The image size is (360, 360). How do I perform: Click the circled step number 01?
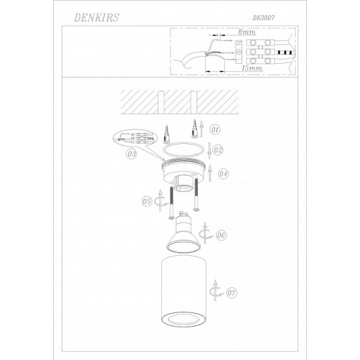click(x=215, y=129)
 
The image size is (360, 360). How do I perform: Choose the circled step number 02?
click(x=217, y=150)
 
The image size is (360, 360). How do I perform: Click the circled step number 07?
click(x=231, y=292)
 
